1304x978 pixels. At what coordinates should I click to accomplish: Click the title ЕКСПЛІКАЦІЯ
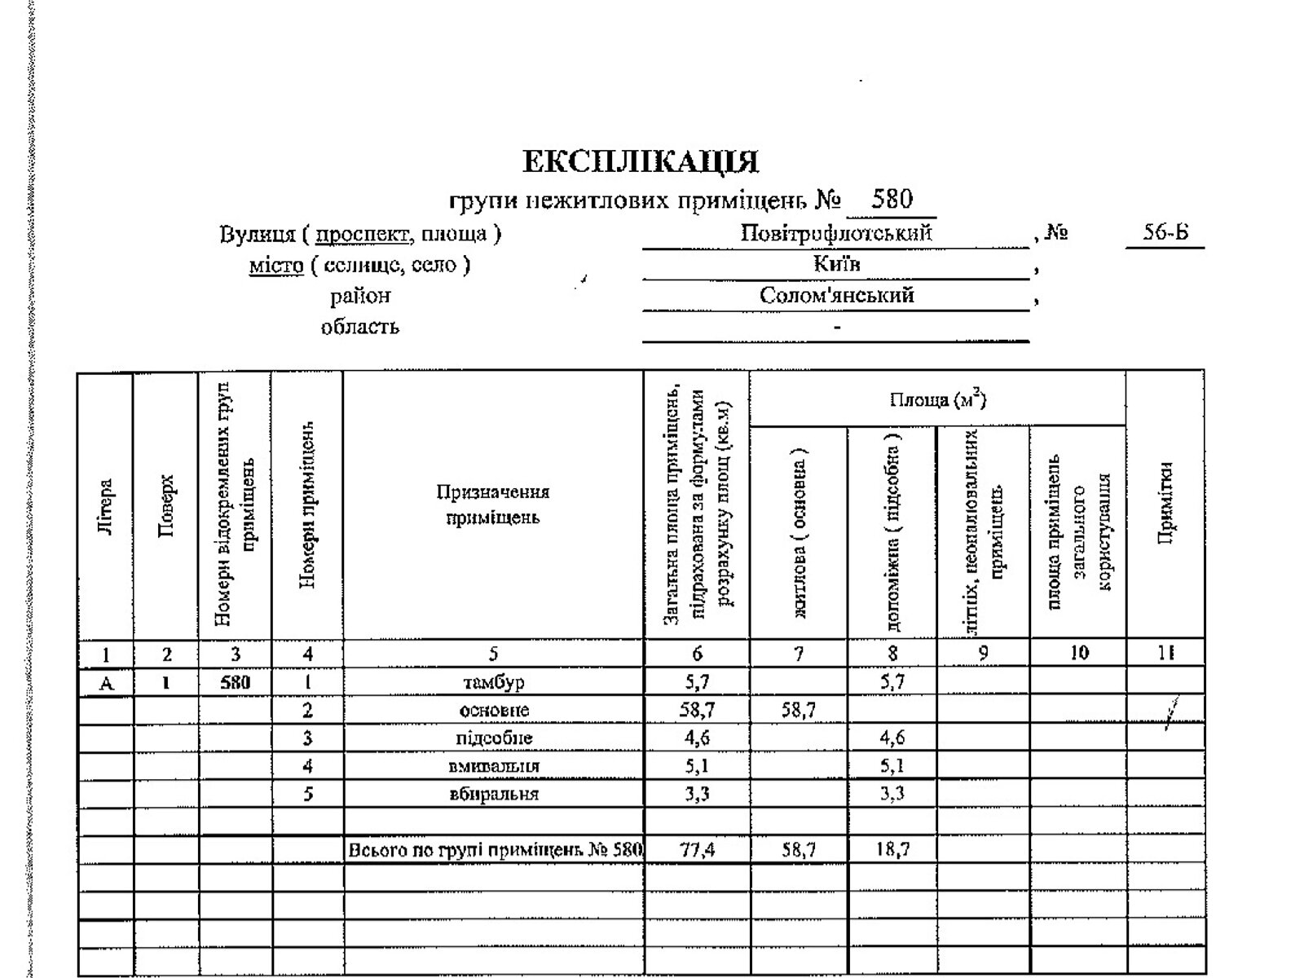pos(640,161)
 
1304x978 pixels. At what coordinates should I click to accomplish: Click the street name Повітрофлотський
pos(835,234)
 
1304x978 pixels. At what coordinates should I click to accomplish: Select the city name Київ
pos(836,264)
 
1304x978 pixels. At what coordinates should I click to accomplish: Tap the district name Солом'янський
pos(836,295)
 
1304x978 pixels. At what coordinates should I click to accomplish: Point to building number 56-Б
pos(1165,232)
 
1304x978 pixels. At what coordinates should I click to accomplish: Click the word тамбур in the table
pos(493,682)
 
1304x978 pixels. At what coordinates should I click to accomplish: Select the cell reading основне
pos(493,710)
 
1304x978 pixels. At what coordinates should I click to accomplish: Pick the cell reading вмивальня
pos(493,766)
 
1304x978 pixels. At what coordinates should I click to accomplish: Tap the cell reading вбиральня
pos(493,794)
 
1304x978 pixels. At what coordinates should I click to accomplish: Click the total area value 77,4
pos(697,849)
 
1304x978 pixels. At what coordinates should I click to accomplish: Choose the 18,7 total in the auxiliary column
pos(892,849)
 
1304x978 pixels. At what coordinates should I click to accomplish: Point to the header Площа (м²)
pos(937,399)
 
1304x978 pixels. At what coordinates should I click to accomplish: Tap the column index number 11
pos(1165,653)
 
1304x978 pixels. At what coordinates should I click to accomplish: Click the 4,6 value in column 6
pos(697,738)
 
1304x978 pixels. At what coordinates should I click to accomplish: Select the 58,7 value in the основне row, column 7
pos(798,710)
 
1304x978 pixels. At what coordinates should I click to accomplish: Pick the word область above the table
pos(359,327)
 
